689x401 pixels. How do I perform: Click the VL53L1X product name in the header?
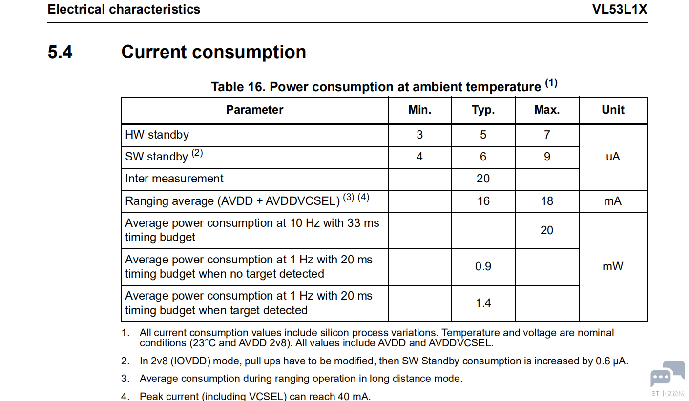point(620,9)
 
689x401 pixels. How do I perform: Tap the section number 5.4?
point(60,52)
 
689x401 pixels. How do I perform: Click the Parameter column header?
point(255,110)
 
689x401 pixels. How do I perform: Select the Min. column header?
point(419,110)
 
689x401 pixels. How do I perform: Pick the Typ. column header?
point(483,110)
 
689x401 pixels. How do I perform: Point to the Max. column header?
point(547,110)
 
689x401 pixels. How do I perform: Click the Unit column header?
point(613,110)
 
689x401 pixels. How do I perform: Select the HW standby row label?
point(157,135)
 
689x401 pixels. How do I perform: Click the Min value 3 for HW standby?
point(419,135)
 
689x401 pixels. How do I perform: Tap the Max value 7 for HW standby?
point(547,135)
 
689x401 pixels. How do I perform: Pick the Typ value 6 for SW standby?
point(483,157)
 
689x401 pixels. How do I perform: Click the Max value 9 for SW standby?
point(547,157)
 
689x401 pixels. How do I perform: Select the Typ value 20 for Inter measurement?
point(483,179)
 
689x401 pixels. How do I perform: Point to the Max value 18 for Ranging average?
point(547,201)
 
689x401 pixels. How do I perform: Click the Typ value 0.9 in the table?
point(483,266)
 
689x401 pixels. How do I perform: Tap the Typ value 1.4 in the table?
point(483,303)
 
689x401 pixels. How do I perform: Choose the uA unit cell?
point(613,157)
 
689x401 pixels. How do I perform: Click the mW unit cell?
point(613,266)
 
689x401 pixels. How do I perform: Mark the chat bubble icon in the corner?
point(667,374)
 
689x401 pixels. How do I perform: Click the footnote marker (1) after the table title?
point(551,83)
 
